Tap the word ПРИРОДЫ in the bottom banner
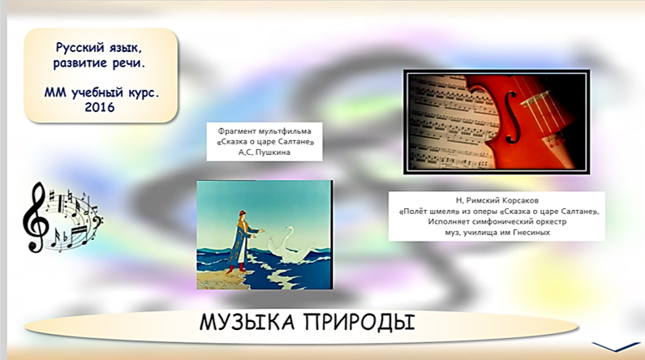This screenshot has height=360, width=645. click(359, 322)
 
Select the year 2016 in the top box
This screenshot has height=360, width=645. click(100, 107)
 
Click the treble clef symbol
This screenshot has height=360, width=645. click(36, 217)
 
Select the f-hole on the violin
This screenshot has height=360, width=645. click(510, 118)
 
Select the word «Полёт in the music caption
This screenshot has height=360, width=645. click(414, 212)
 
